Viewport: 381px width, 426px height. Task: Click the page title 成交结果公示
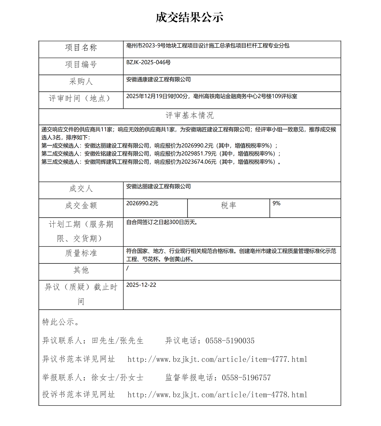[x=189, y=18]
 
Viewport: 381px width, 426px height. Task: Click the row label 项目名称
[x=81, y=48]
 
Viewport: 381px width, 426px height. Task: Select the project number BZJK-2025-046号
[x=148, y=62]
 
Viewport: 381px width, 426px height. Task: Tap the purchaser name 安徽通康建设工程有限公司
[x=158, y=79]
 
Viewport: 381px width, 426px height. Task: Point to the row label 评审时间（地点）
[x=81, y=98]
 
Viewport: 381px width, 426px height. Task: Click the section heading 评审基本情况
[x=189, y=116]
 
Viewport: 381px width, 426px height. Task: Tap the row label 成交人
[x=81, y=189]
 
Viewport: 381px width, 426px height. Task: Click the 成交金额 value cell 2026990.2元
[x=142, y=203]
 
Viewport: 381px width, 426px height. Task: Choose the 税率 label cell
[x=229, y=205]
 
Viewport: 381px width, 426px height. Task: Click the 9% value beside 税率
[x=277, y=203]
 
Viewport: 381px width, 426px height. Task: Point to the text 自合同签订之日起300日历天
[x=162, y=222]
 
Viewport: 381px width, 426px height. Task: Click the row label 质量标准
[x=81, y=253]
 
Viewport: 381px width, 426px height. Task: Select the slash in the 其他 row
[x=127, y=268]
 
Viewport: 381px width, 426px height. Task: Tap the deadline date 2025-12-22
[x=141, y=285]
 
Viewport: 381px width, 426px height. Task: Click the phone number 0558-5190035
[x=230, y=341]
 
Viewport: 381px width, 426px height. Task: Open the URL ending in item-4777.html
[x=217, y=359]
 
